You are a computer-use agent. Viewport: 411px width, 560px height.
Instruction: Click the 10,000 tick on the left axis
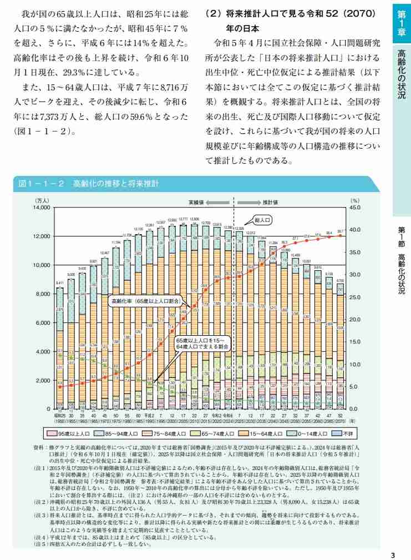[x=42, y=265]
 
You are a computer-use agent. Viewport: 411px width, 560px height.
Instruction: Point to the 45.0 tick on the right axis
[x=355, y=208]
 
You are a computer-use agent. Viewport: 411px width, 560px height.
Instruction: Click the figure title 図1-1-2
[x=42, y=184]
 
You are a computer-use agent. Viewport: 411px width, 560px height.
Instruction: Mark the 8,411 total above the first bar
[x=59, y=283]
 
